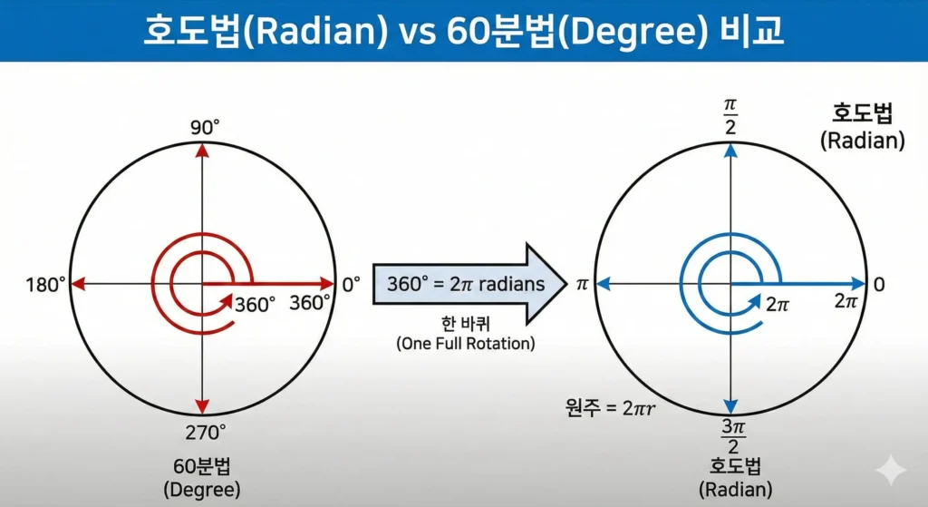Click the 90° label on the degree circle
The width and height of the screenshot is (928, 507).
click(204, 127)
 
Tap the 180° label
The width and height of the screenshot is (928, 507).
click(46, 285)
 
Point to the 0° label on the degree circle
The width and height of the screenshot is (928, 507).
click(351, 285)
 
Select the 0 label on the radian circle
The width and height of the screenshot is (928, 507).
click(879, 285)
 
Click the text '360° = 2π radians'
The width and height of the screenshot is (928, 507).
click(466, 284)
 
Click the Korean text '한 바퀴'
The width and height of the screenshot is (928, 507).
click(466, 326)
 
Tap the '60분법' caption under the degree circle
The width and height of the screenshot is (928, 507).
click(204, 466)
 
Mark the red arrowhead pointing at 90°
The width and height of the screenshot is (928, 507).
click(203, 151)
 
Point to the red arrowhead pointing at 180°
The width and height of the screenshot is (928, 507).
click(79, 285)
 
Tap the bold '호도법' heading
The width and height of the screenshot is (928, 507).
click(862, 115)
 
